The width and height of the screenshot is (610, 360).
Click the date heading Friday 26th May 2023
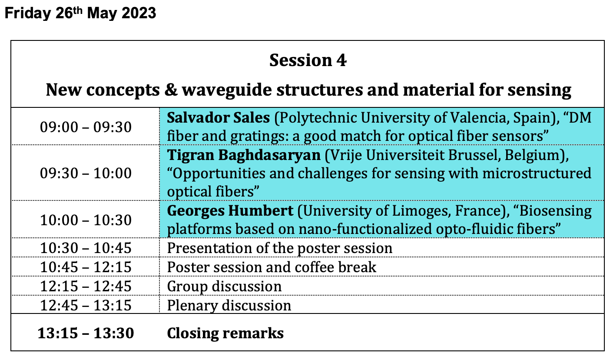click(80, 13)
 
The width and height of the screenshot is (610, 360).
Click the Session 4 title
click(308, 60)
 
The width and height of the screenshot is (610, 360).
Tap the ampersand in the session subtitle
click(171, 90)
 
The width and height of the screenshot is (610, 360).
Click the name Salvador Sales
click(218, 118)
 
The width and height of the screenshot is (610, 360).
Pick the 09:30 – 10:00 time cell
click(86, 173)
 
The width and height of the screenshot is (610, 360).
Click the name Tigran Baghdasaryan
click(244, 155)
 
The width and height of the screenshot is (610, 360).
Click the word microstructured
click(537, 173)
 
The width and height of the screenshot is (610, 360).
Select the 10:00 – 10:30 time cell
click(86, 220)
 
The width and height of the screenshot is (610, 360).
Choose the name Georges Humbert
click(230, 211)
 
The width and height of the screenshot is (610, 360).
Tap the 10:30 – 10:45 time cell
click(86, 248)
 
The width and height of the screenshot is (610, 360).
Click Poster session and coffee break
click(272, 267)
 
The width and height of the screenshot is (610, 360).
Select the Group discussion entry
click(224, 287)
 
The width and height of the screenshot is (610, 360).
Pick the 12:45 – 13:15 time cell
click(86, 305)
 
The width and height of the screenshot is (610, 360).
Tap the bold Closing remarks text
click(225, 333)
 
